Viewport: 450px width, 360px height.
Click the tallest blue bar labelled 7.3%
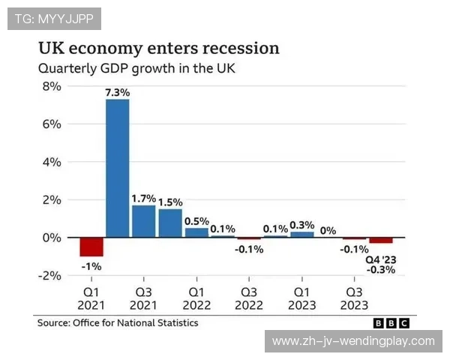(117, 168)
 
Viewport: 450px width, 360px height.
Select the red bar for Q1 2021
(91, 247)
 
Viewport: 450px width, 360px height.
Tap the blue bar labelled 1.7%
(143, 221)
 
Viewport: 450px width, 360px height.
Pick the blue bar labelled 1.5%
(170, 223)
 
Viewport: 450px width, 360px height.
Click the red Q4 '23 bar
(380, 240)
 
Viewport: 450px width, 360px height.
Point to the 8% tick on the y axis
(50, 86)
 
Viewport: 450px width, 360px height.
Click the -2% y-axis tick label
(49, 275)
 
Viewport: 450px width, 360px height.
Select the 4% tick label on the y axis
(50, 162)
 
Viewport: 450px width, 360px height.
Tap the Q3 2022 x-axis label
(249, 298)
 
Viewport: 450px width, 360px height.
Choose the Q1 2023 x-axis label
(302, 298)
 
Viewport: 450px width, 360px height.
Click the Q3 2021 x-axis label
(143, 298)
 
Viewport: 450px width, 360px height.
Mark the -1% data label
(91, 266)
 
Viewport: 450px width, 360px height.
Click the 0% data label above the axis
(328, 230)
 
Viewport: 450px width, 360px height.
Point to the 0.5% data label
(196, 220)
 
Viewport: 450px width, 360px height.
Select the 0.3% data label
(302, 224)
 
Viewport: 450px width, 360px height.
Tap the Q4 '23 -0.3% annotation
(380, 265)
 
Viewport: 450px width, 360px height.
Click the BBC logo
(391, 323)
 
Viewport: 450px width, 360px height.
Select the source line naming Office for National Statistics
(118, 322)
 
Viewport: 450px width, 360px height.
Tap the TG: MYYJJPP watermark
(54, 19)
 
